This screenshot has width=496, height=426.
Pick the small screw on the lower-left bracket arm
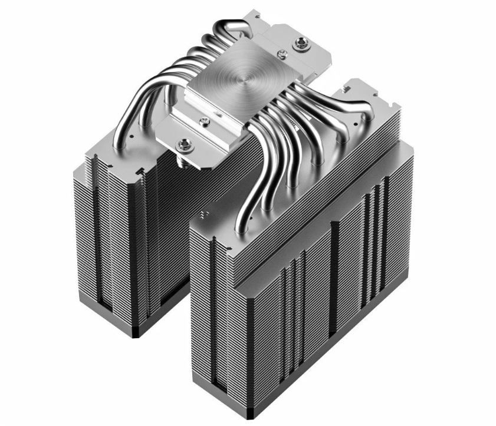[204, 121]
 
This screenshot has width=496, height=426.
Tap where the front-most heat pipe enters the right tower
[241, 227]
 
